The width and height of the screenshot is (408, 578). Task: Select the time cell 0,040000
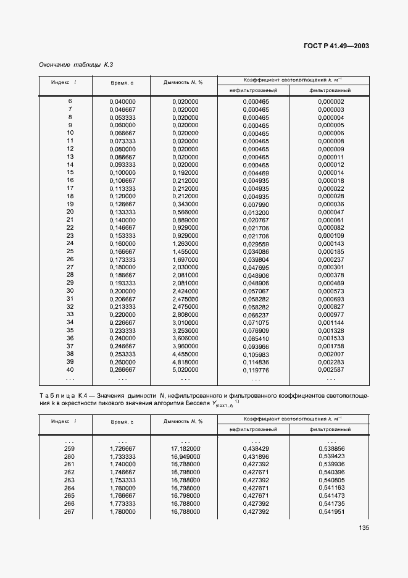coord(122,101)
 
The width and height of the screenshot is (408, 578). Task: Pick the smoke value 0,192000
coord(185,173)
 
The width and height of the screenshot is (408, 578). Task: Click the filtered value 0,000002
coord(331,101)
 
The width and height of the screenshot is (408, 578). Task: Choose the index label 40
coord(70,369)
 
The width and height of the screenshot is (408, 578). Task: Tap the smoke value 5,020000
coord(185,369)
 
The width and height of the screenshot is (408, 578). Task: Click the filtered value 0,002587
coord(331,369)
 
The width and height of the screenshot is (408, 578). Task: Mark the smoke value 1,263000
coord(185,243)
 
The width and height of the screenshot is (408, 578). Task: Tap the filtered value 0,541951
coord(331,512)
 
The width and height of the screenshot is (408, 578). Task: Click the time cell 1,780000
coord(122,512)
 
